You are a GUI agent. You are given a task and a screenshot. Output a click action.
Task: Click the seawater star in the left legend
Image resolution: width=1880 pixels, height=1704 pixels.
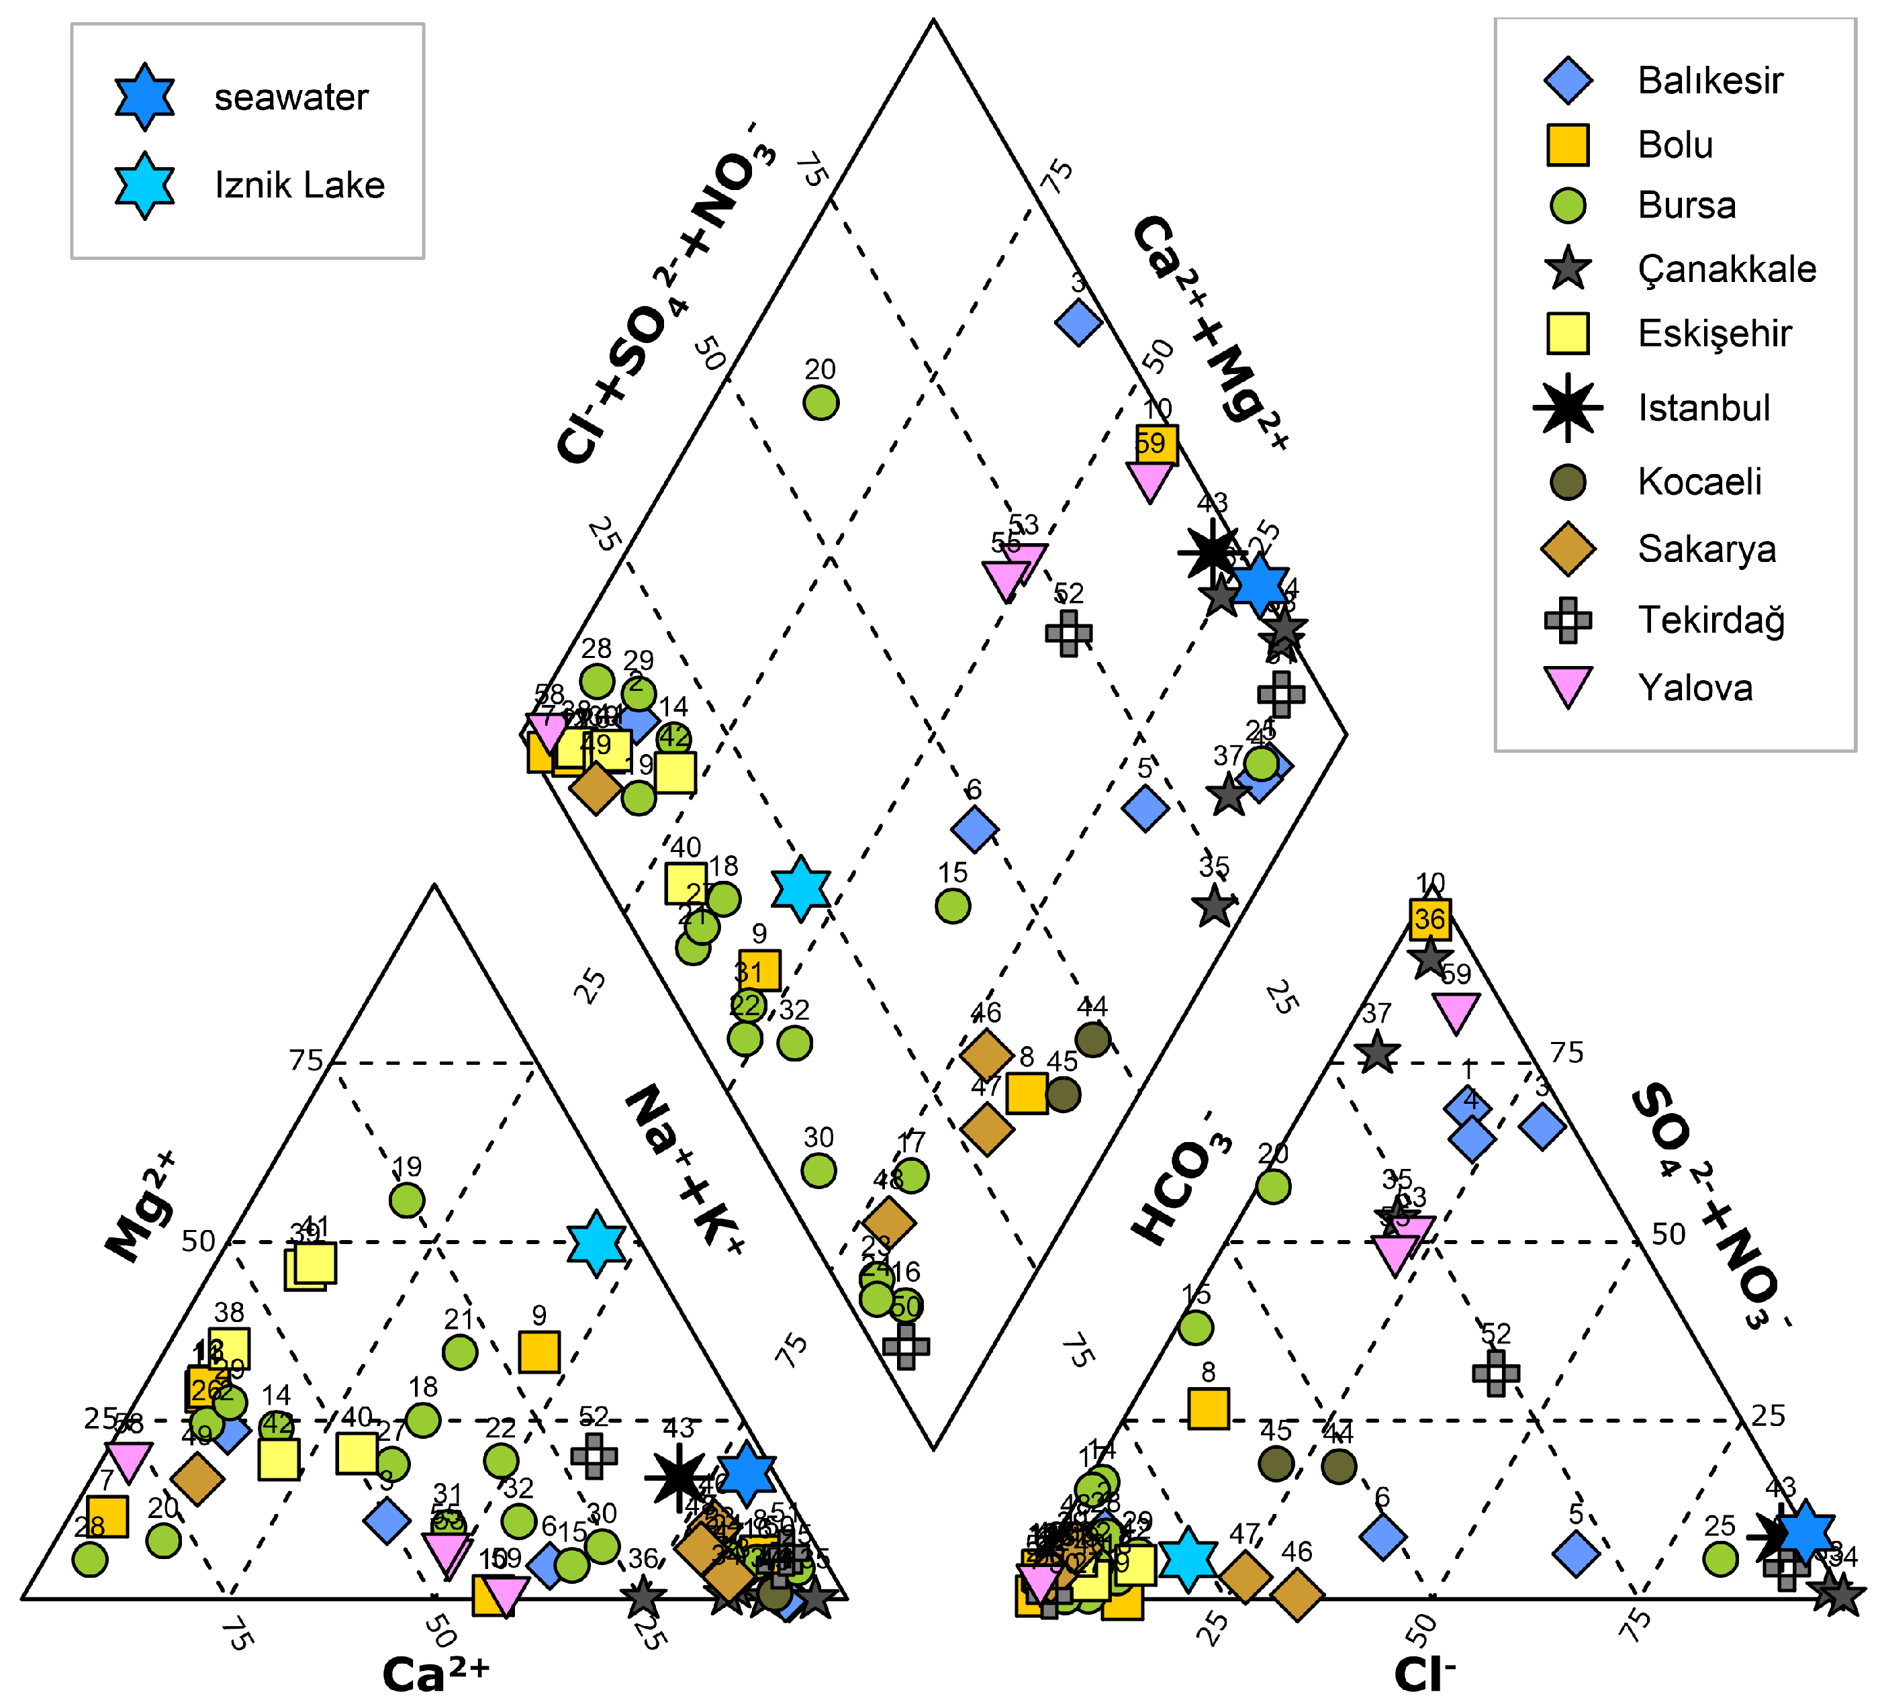(144, 96)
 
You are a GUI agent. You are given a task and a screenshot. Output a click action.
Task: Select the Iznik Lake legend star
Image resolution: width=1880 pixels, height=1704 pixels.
(144, 185)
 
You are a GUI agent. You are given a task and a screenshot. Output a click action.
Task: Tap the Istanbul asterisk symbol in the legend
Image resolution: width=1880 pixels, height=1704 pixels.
(1568, 408)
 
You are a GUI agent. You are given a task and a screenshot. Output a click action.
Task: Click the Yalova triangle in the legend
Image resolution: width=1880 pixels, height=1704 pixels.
(1568, 688)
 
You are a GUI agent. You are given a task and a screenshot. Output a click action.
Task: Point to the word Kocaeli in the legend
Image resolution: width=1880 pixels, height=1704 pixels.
(1699, 482)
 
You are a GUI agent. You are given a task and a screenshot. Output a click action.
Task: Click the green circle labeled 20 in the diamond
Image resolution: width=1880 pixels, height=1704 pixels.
(820, 403)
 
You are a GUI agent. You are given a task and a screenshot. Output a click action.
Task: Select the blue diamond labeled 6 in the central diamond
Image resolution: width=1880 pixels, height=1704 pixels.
(974, 829)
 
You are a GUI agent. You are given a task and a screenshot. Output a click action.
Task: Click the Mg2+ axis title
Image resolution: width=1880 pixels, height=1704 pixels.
(140, 1208)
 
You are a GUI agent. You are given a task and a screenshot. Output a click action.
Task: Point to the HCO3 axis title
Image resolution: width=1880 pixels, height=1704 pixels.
(1180, 1179)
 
